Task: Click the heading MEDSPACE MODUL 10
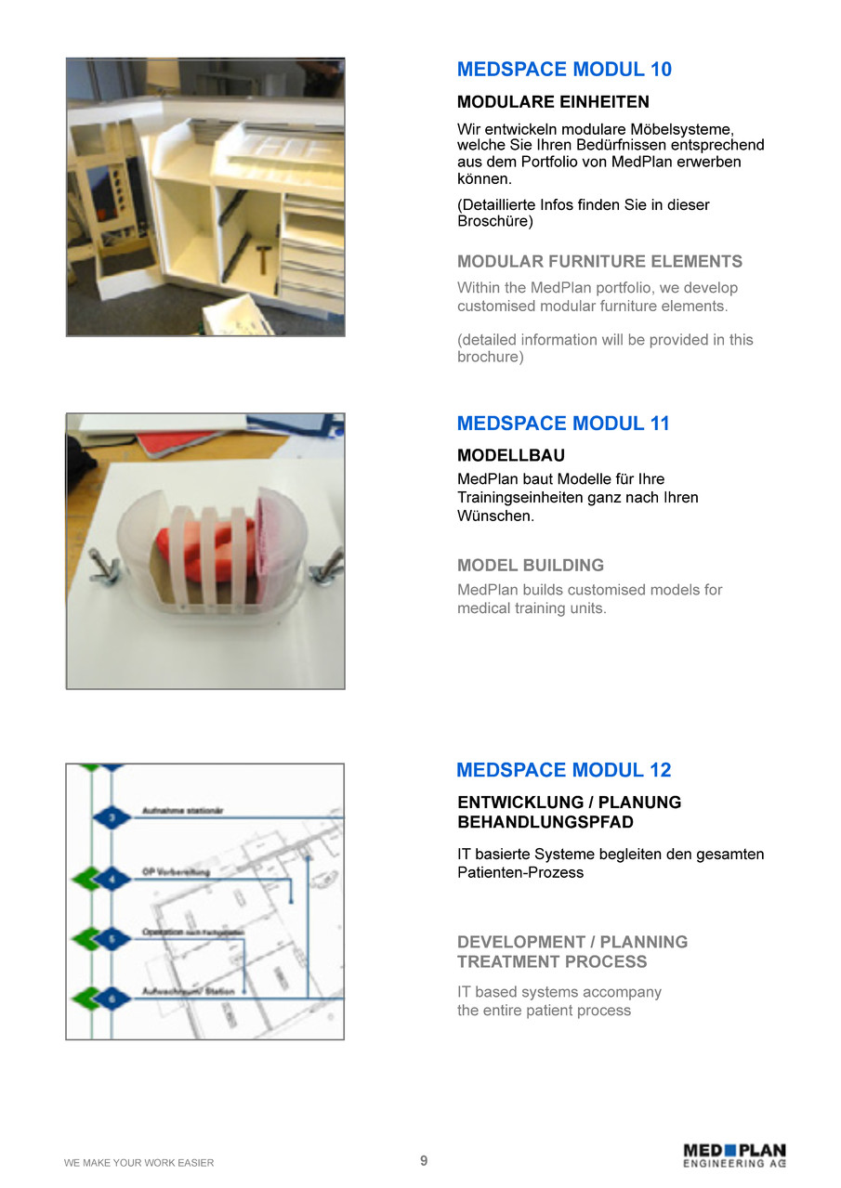pyautogui.click(x=564, y=70)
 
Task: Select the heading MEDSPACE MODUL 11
pyautogui.click(x=563, y=424)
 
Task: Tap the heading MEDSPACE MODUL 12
pyautogui.click(x=563, y=770)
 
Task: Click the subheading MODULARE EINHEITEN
pyautogui.click(x=553, y=102)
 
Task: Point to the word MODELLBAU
pyautogui.click(x=511, y=456)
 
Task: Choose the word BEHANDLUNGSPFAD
pyautogui.click(x=545, y=823)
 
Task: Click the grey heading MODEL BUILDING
pyautogui.click(x=531, y=565)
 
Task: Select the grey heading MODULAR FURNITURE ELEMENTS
pyautogui.click(x=599, y=262)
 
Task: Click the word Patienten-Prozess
pyautogui.click(x=520, y=872)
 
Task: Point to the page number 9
pyautogui.click(x=424, y=1161)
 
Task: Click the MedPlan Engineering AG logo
pyautogui.click(x=734, y=1155)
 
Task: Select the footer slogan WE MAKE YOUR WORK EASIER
pyautogui.click(x=138, y=1163)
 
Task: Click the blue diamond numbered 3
pyautogui.click(x=112, y=818)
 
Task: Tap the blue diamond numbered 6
pyautogui.click(x=112, y=999)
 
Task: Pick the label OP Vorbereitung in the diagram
pyautogui.click(x=176, y=872)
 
